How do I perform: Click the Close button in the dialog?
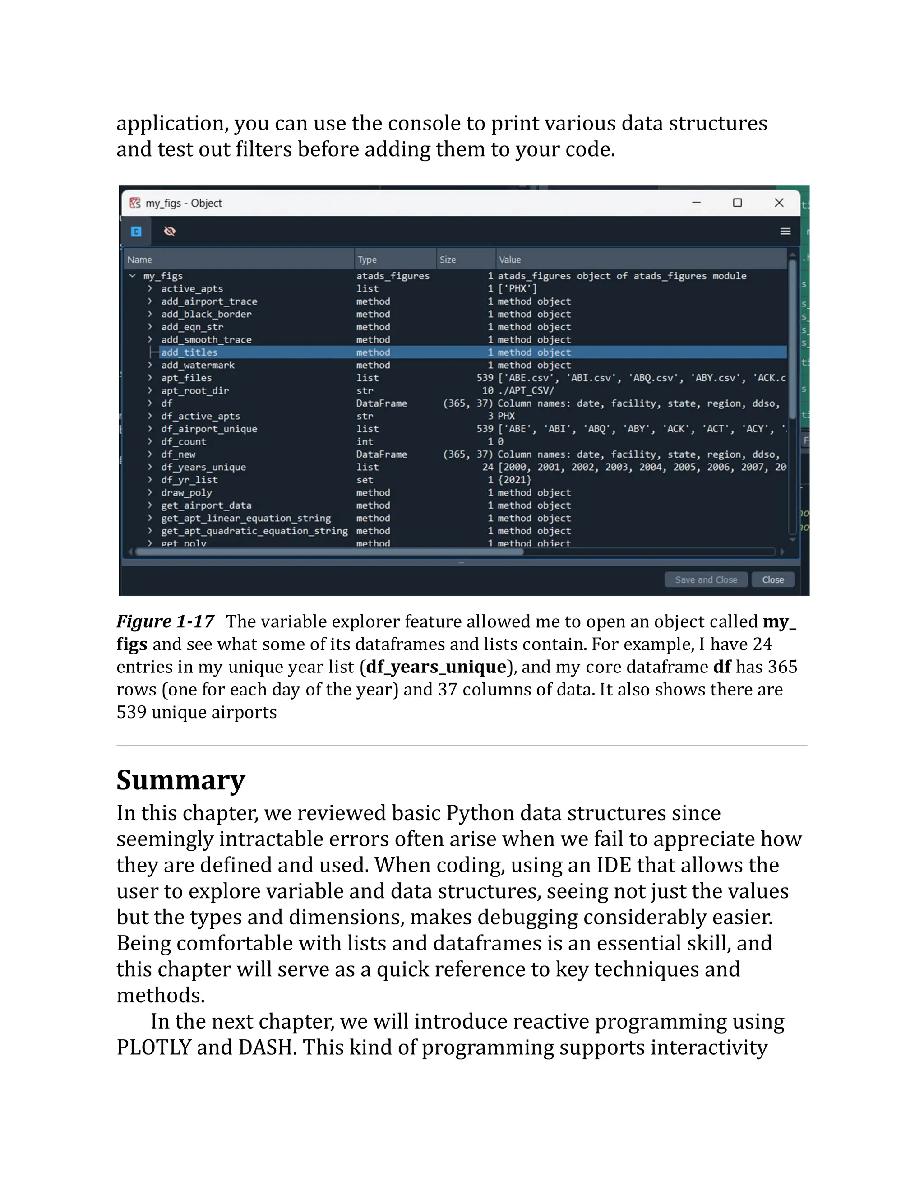[772, 579]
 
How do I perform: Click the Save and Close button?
[706, 579]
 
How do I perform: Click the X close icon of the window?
[779, 203]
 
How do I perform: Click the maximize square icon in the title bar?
[737, 203]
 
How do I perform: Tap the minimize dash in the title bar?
[696, 203]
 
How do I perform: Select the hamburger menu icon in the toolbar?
[785, 231]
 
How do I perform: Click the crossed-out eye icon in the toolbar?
[170, 231]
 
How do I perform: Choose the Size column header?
[448, 260]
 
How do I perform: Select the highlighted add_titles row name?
[189, 352]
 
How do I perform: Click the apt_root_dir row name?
[195, 390]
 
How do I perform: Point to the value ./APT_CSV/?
[526, 390]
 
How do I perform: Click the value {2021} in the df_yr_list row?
[514, 480]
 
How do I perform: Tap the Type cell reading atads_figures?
[393, 276]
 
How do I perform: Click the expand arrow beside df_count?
[150, 441]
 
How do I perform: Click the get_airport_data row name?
[206, 505]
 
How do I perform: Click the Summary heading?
[180, 780]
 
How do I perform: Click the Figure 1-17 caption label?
[165, 621]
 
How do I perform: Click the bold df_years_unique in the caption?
[436, 667]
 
